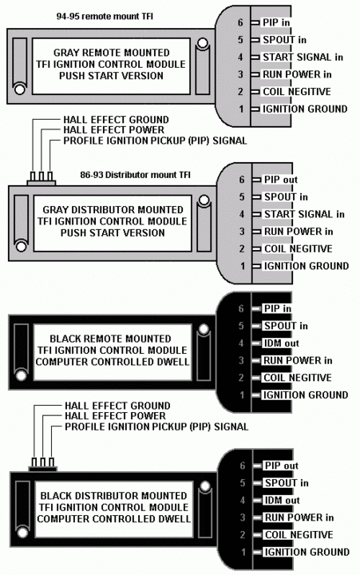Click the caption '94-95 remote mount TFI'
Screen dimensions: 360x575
105,17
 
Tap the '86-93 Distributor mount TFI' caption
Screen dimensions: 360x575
135,175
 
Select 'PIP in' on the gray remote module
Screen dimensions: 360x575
276,22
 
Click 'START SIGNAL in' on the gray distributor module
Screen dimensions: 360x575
304,214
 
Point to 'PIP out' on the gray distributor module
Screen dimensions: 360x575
281,180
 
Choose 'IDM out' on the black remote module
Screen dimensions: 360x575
281,343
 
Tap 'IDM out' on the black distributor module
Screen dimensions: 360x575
283,500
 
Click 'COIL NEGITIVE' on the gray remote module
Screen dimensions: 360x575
297,92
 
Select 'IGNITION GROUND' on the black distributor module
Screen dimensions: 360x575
307,552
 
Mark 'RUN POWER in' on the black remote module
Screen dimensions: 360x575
298,360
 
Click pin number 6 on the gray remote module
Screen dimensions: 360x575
240,22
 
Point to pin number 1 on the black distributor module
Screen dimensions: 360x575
243,552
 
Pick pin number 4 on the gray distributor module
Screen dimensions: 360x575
242,214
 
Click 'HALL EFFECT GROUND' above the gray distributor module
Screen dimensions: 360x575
117,120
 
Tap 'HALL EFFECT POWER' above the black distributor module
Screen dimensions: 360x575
115,416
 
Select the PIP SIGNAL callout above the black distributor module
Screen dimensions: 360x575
156,426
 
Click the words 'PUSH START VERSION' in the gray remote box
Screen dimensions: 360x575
111,76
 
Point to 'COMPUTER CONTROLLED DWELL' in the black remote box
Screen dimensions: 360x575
113,362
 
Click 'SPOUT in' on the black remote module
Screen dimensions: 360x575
286,326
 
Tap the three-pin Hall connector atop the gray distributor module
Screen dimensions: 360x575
41,179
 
